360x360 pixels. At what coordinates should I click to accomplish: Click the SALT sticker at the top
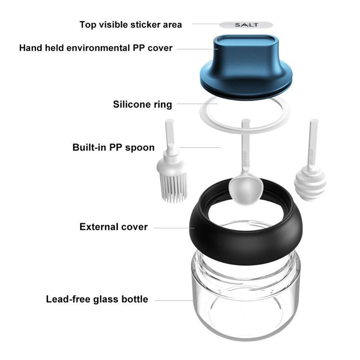click(246, 25)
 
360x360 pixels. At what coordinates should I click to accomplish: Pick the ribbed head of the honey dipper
click(310, 184)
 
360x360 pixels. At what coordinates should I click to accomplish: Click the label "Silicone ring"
click(142, 104)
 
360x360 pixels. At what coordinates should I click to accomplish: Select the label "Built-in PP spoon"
click(113, 147)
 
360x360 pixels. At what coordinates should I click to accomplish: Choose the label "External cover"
click(113, 227)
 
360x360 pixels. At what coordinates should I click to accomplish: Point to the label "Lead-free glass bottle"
click(97, 299)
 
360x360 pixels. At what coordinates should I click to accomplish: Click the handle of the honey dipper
click(313, 144)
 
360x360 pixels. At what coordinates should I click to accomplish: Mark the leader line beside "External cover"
click(174, 228)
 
